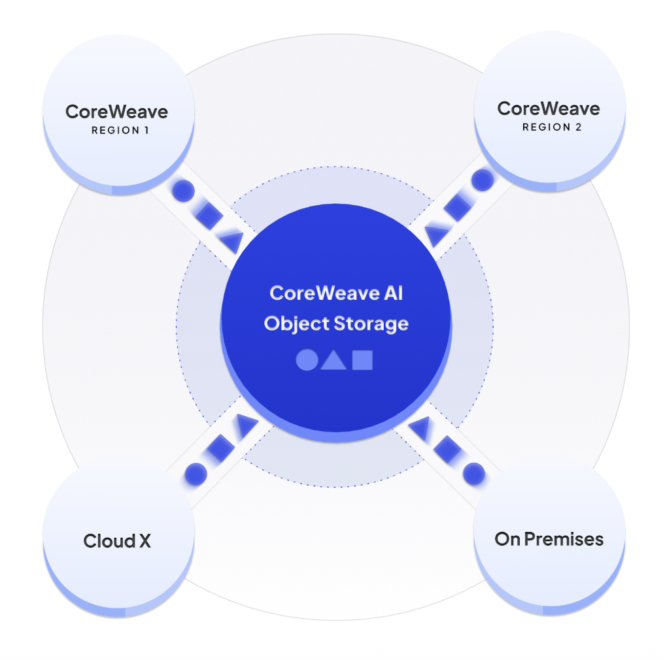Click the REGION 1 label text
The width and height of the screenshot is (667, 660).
120,130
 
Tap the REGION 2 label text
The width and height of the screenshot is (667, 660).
551,127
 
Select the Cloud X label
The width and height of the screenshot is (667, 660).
117,541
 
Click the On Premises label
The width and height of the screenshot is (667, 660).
549,539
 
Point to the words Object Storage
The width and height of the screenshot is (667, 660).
336,323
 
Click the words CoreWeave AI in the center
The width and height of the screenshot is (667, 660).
336,293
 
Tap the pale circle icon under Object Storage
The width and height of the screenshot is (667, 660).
306,360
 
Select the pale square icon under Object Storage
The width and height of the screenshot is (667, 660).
362,360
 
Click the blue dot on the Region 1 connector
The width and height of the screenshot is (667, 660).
184,191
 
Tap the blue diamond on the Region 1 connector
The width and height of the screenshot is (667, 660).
208,216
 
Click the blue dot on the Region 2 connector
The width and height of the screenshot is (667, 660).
482,180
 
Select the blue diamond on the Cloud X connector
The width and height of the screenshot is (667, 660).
220,449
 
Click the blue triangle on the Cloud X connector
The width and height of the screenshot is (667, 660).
246,425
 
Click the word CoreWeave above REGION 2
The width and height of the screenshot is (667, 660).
549,108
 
